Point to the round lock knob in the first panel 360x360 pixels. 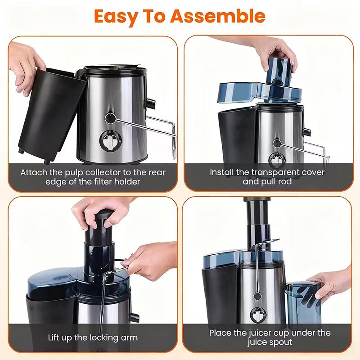click(x=109, y=118)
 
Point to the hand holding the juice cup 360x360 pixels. click(x=333, y=281)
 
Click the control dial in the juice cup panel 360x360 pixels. click(x=258, y=314)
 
